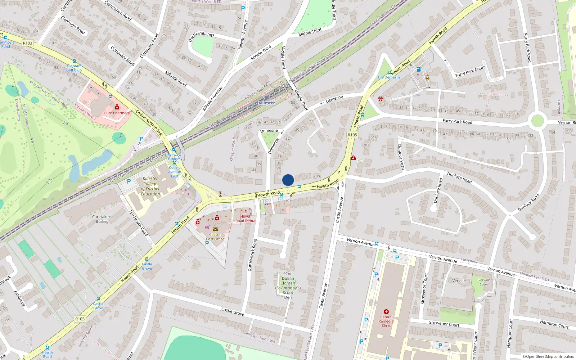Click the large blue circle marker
(288, 180)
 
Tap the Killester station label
(266, 103)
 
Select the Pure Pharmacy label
(117, 113)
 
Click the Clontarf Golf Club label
(74, 68)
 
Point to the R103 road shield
(28, 43)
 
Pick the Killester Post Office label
(215, 237)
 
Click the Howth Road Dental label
(246, 219)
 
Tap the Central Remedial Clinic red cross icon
(386, 312)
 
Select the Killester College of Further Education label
(150, 186)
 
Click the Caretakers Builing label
(102, 219)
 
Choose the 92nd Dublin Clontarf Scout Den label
(288, 285)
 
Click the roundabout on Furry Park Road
(537, 120)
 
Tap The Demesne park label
(389, 77)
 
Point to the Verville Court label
(484, 282)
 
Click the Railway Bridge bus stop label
(174, 157)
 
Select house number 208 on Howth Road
(316, 176)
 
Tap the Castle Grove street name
(233, 311)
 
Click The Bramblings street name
(201, 36)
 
